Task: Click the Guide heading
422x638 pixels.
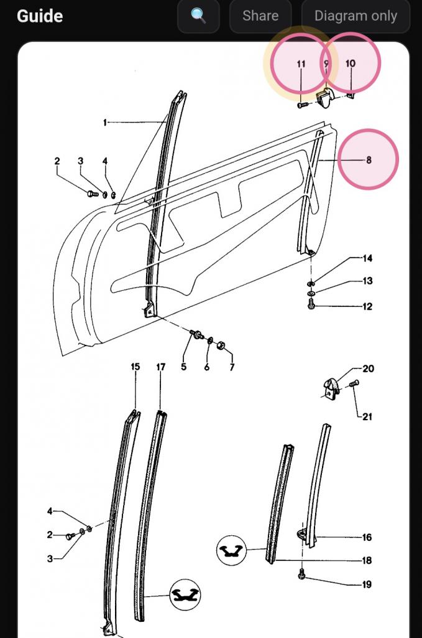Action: (40, 16)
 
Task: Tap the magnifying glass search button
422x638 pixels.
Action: (198, 16)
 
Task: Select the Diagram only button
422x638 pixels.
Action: (355, 16)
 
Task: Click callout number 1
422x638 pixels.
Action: (105, 122)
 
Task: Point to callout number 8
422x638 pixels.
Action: (369, 160)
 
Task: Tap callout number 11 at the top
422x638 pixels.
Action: (301, 64)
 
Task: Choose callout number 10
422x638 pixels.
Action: (350, 63)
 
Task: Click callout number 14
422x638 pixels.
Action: (367, 258)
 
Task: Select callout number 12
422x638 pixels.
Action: (367, 306)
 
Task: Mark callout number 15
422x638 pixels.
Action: (135, 367)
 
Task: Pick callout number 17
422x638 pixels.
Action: (161, 367)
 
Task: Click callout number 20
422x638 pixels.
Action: (368, 368)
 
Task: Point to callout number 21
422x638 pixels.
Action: (367, 416)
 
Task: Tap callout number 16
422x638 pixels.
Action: (367, 538)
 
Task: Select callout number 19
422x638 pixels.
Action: (367, 584)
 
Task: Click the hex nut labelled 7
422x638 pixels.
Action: (221, 345)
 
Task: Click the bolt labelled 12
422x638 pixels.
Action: (311, 304)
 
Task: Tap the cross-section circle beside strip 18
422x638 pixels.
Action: (231, 550)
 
